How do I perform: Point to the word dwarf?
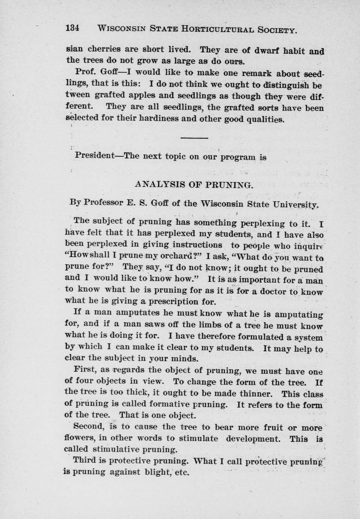pos(267,50)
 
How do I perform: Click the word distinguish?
pos(287,85)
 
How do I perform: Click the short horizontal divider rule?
pos(194,138)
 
